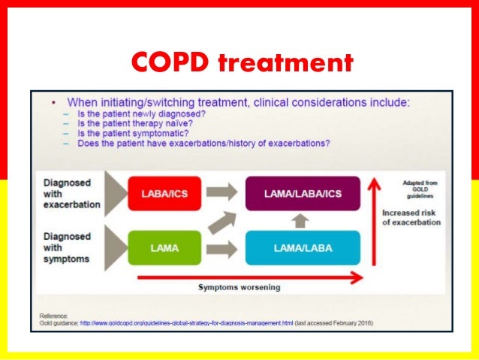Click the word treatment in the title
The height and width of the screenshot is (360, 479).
(285, 63)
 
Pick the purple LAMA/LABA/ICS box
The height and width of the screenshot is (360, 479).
(303, 194)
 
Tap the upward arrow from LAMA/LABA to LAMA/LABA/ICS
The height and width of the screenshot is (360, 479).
(302, 220)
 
